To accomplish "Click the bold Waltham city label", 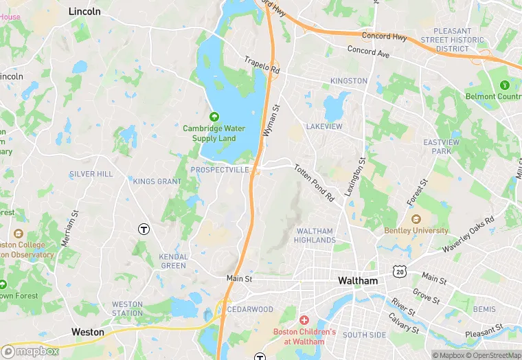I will (x=358, y=281).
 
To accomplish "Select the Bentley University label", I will (x=416, y=231).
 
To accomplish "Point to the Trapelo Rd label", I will (x=262, y=65).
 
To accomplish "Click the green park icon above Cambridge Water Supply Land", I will (x=214, y=117).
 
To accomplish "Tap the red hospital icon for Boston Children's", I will (x=304, y=321).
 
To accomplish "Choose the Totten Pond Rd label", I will (x=314, y=182).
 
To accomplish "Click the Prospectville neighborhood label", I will (x=220, y=170).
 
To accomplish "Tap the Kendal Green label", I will (x=173, y=261).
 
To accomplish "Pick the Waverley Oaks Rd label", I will (x=468, y=234).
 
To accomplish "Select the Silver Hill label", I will (x=91, y=175).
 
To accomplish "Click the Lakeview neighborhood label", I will (x=324, y=127).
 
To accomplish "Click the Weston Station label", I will (x=127, y=309).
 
